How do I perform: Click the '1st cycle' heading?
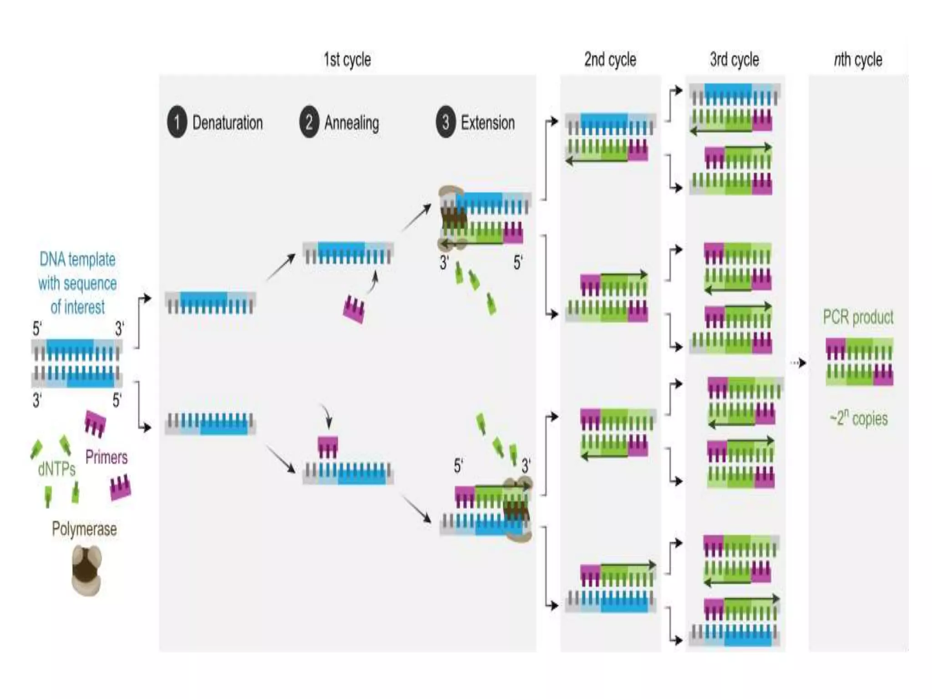coord(347,60)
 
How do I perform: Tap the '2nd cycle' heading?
coord(610,60)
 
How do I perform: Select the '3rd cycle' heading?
coord(734,60)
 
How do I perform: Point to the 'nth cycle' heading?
coord(858,60)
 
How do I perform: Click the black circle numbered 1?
coord(177,122)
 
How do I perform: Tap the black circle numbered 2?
coord(309,122)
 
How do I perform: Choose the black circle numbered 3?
coord(446,122)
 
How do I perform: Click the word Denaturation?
coord(228,123)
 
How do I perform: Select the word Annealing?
coord(351,123)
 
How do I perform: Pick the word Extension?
coord(487,123)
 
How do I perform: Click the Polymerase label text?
coord(84,529)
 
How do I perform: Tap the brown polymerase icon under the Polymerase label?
coord(86,571)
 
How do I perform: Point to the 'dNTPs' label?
coord(56,469)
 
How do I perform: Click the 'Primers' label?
coord(106,457)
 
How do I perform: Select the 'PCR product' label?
coord(858,317)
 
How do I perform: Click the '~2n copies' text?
coord(858,418)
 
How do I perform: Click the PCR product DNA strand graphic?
coord(859,362)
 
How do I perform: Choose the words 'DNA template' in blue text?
coord(77,259)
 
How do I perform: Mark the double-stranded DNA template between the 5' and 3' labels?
coord(76,363)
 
